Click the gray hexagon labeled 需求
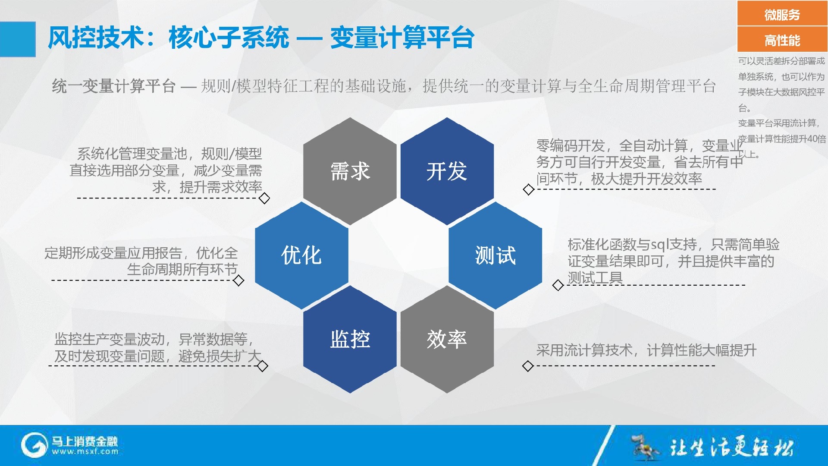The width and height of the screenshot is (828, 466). (x=350, y=171)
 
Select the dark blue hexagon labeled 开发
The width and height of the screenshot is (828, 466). (x=447, y=171)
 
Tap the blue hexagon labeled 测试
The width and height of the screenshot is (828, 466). (x=495, y=255)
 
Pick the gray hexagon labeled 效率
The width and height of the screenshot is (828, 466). (x=447, y=339)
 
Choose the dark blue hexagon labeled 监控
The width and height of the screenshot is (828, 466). (x=350, y=339)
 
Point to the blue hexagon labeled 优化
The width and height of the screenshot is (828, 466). (x=301, y=255)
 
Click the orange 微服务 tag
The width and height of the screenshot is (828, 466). (x=782, y=14)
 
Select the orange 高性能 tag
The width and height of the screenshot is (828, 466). (x=782, y=40)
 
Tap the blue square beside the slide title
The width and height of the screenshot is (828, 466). (x=18, y=39)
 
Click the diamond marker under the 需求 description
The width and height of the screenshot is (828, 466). (x=264, y=198)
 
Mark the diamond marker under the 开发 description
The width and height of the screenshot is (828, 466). (x=529, y=189)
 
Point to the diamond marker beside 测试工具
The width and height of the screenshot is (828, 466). (x=558, y=285)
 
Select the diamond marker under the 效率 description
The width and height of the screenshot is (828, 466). (x=528, y=366)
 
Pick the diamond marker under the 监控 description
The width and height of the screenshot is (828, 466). (x=263, y=366)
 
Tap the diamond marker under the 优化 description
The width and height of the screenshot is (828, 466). (x=238, y=281)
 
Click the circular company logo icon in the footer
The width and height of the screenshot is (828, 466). (x=34, y=445)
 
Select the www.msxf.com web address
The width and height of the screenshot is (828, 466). (x=85, y=452)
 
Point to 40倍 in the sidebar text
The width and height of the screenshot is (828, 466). (x=816, y=139)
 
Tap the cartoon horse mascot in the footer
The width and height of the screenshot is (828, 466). (x=645, y=447)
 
